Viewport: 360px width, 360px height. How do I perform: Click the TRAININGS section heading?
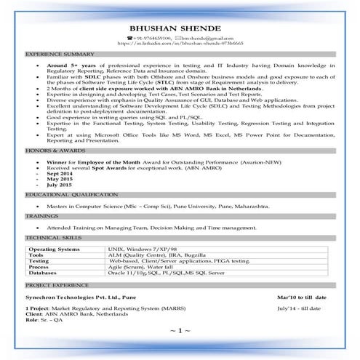(x=43, y=216)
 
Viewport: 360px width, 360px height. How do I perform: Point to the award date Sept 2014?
(x=64, y=175)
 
